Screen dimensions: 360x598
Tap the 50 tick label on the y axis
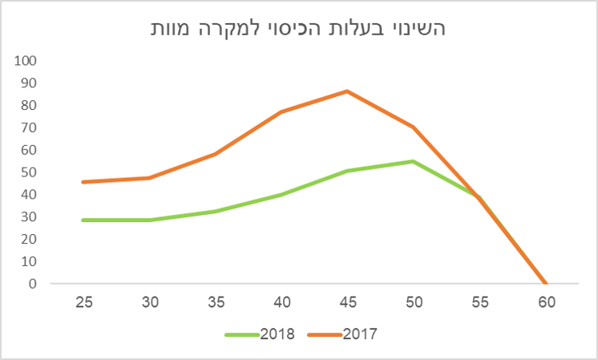coord(28,172)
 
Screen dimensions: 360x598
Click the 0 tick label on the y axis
coord(32,284)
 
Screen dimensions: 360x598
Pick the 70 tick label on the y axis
coord(28,127)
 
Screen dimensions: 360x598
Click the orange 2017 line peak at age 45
coord(347,91)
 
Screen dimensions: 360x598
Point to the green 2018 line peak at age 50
coord(414,161)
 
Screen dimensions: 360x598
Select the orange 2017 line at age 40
coord(281,111)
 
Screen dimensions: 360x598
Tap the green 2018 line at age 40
coord(281,194)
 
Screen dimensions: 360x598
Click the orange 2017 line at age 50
coord(414,127)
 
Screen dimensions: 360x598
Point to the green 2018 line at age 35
coord(215,212)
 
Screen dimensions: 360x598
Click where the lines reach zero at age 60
coord(546,283)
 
